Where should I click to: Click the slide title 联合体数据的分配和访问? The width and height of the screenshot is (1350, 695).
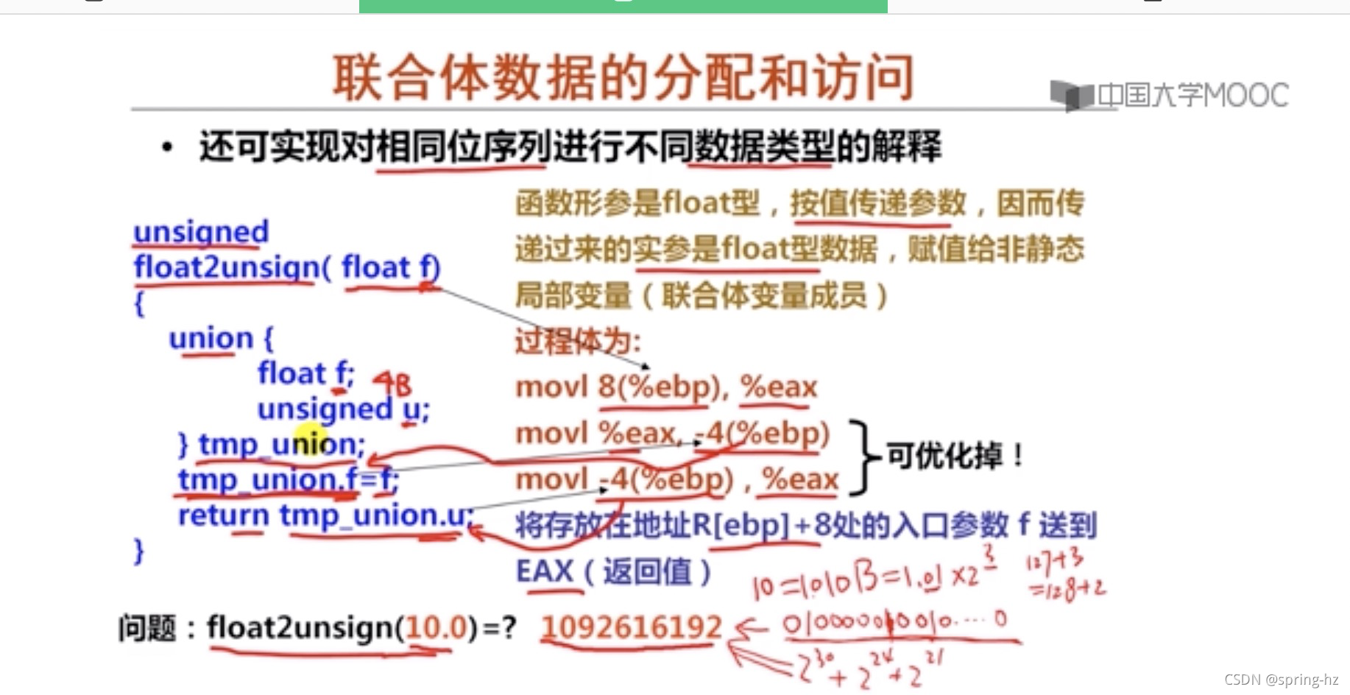[623, 78]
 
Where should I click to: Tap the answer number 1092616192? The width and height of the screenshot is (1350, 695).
[631, 627]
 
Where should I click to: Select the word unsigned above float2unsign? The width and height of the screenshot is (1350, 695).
[200, 232]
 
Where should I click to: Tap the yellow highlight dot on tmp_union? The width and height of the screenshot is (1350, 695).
[311, 440]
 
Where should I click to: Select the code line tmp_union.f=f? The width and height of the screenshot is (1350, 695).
[288, 480]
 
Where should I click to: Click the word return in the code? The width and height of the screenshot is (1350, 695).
[223, 515]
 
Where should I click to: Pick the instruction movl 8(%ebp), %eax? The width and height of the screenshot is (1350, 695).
[665, 387]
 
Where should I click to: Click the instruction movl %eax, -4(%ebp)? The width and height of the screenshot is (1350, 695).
[672, 434]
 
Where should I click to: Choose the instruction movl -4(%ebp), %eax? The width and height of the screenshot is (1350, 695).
[676, 480]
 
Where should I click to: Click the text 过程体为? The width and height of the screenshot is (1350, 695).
[578, 342]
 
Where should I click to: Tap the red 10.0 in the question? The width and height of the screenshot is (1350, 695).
[436, 628]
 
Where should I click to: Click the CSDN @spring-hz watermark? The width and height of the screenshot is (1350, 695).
[1281, 680]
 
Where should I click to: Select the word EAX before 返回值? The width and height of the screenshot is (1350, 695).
[545, 571]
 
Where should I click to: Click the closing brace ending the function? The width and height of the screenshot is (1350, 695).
[138, 551]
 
